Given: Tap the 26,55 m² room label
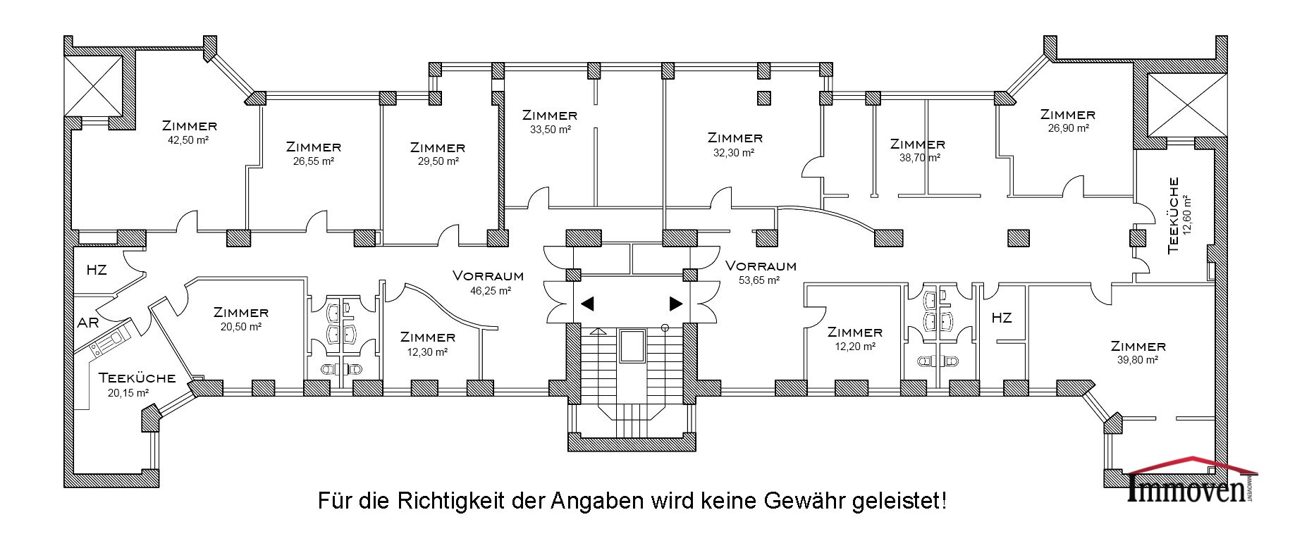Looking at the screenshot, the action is click(x=313, y=161).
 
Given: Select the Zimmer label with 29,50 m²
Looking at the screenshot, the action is click(x=438, y=148).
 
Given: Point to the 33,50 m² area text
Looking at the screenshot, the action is click(x=549, y=129).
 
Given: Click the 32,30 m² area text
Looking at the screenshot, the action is click(x=735, y=152).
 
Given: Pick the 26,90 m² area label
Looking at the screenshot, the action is click(x=1068, y=128).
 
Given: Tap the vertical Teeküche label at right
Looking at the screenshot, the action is click(x=1173, y=216).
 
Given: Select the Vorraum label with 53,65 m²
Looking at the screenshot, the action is click(x=761, y=266).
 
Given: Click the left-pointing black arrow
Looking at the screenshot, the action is click(x=587, y=304).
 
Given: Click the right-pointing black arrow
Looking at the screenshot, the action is click(x=675, y=304).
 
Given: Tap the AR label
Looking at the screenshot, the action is click(x=88, y=323).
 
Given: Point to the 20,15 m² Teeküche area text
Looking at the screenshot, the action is click(x=128, y=393).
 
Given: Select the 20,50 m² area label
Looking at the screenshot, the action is click(x=241, y=326).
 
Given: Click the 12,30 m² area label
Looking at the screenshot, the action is click(x=427, y=352).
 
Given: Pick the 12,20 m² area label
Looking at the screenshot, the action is click(x=854, y=346).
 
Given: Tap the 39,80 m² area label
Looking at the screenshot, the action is click(x=1138, y=360).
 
